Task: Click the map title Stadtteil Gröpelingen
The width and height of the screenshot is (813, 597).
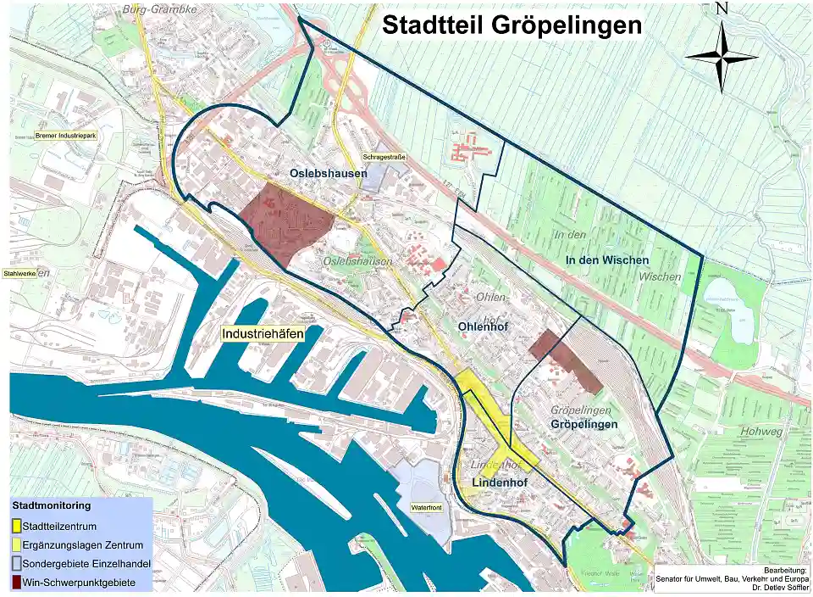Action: (x=512, y=25)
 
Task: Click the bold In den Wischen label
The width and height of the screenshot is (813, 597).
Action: (x=606, y=259)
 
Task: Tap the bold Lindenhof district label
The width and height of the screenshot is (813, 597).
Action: (x=499, y=483)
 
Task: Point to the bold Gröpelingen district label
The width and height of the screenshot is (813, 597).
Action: (x=584, y=423)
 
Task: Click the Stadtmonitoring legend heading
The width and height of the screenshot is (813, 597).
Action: (x=52, y=505)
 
